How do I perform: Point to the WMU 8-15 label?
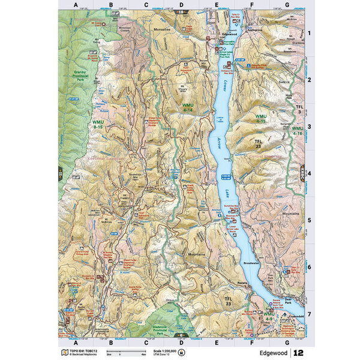[x=98, y=124]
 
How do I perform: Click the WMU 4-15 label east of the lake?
[x=260, y=119]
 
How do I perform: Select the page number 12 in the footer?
[x=299, y=352]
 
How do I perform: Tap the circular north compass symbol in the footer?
[x=173, y=352]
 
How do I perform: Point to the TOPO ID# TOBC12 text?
[x=79, y=350]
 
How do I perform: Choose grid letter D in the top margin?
[x=181, y=5]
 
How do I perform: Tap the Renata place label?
[x=226, y=281]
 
